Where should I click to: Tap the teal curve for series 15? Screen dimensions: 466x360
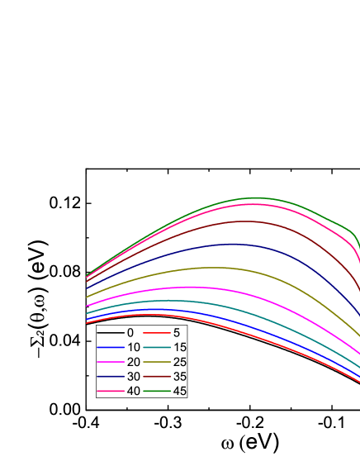click(248, 317)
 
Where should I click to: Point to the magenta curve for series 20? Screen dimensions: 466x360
click(248, 297)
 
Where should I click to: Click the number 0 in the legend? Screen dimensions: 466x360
click(130, 332)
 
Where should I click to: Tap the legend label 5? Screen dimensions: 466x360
click(177, 332)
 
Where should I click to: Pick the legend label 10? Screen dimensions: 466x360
click(134, 347)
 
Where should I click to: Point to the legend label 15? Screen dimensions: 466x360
click(180, 347)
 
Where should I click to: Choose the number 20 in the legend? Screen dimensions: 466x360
click(134, 361)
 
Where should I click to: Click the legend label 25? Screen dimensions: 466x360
click(180, 361)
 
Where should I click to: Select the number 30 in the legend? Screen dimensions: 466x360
click(134, 376)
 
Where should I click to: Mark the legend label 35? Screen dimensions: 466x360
click(180, 376)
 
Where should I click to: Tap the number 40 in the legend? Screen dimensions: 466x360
click(134, 390)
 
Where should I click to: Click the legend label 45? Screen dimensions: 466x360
click(180, 390)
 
